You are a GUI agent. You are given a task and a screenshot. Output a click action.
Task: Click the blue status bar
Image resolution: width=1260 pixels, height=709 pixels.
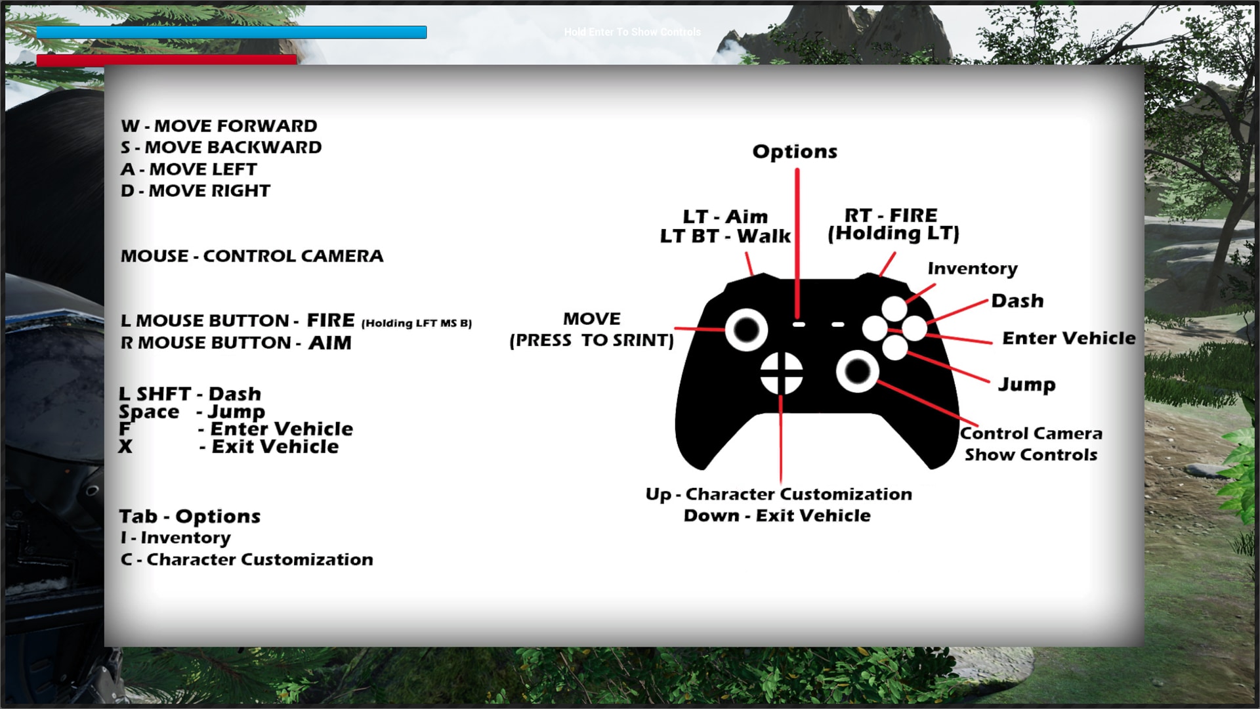click(232, 32)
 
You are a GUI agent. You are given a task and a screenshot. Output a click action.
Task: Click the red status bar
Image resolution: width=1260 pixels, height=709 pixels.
click(167, 60)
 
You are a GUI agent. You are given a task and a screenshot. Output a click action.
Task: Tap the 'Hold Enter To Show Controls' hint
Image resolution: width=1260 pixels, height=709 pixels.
click(632, 32)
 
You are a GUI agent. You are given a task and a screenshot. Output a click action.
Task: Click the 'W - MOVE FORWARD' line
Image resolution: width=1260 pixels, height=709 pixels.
click(219, 125)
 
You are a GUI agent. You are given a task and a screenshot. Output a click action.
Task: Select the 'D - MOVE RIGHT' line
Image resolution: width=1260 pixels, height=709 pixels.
click(196, 190)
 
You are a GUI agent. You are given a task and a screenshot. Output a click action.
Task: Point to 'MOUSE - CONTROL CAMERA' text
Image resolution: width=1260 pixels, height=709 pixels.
click(252, 255)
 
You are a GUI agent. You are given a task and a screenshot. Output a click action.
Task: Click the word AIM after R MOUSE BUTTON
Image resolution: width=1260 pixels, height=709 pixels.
click(330, 343)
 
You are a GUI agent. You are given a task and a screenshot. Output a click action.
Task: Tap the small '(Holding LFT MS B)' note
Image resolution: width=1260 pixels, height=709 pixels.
click(417, 323)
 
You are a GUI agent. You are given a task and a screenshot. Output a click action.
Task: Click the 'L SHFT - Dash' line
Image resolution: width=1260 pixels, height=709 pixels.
click(190, 393)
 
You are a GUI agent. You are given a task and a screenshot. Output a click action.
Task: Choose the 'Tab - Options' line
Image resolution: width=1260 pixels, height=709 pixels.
click(190, 516)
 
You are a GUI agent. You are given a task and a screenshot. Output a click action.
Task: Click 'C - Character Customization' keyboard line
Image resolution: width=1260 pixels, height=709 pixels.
click(247, 559)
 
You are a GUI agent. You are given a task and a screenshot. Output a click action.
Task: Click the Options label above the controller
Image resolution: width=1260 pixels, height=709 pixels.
click(795, 152)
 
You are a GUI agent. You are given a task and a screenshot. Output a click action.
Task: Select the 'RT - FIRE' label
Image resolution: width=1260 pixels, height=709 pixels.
click(891, 215)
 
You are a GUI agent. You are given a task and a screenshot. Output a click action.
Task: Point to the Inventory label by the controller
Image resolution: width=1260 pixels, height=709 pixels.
click(973, 269)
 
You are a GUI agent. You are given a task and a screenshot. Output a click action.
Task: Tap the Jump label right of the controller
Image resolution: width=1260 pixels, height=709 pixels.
click(1027, 384)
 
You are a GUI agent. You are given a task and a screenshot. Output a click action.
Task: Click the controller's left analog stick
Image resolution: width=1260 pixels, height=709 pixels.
click(747, 330)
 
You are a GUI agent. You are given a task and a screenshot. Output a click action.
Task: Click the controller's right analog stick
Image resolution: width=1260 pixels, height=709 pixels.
click(858, 372)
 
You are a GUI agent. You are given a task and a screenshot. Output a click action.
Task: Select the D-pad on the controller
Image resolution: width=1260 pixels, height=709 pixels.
click(781, 374)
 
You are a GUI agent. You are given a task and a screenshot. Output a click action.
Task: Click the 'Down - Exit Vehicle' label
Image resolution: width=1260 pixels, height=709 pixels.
click(777, 515)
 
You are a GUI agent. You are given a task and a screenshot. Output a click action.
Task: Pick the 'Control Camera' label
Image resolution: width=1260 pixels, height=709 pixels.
click(1031, 433)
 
